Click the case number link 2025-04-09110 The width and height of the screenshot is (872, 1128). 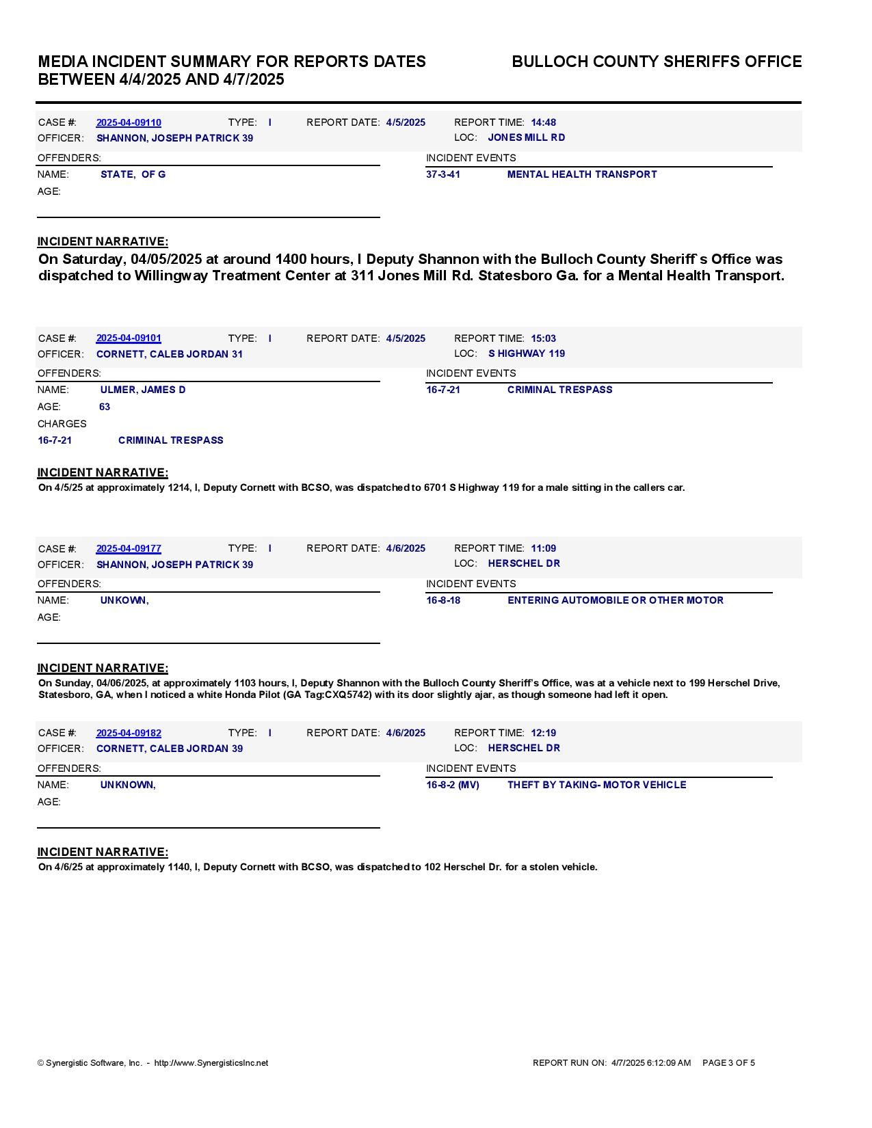[x=129, y=123]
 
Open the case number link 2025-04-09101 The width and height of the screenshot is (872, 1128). [x=129, y=338]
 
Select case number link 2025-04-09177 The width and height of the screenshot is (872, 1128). [x=129, y=549]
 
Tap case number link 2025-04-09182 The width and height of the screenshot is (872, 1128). [x=129, y=734]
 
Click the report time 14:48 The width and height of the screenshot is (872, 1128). [x=543, y=123]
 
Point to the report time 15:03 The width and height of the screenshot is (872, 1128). [x=543, y=338]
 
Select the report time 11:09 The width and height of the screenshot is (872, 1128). [x=543, y=548]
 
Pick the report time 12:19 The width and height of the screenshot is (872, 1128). [x=543, y=733]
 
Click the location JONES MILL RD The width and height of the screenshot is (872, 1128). [x=526, y=138]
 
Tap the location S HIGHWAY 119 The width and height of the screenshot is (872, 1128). [x=526, y=354]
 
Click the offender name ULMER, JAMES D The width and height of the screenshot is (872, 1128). [x=143, y=390]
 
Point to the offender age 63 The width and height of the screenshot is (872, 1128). [x=105, y=407]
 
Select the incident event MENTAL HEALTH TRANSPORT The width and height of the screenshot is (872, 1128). [x=581, y=174]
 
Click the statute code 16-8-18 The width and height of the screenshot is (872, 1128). [x=443, y=600]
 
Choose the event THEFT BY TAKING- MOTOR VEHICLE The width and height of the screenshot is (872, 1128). [x=596, y=785]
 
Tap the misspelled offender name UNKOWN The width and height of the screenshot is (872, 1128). [x=124, y=600]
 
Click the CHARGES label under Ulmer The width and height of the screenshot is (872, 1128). [x=62, y=424]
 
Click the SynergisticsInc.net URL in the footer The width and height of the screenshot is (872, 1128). [x=211, y=1063]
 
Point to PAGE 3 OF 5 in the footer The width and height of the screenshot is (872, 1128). [x=728, y=1063]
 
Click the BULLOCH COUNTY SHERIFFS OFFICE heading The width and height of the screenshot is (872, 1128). [x=657, y=62]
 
